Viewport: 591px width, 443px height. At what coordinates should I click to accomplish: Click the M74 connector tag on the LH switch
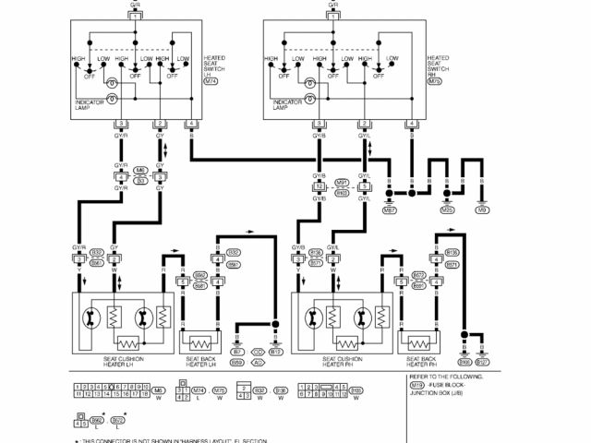click(x=211, y=81)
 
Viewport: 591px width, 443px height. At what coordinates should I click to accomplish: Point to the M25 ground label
click(x=447, y=210)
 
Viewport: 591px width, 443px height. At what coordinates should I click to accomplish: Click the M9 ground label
click(x=482, y=210)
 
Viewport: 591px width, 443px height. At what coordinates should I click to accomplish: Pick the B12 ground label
click(x=276, y=352)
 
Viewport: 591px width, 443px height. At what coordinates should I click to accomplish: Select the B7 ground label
click(x=237, y=352)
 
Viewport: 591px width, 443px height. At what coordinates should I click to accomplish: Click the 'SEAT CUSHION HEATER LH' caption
click(x=122, y=363)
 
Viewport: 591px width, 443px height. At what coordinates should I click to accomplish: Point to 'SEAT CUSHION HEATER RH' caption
click(x=344, y=363)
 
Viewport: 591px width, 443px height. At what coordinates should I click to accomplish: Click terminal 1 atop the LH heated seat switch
click(x=135, y=18)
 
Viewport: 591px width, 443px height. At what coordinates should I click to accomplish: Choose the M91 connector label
click(x=341, y=183)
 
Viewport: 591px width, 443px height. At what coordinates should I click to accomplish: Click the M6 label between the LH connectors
click(x=140, y=171)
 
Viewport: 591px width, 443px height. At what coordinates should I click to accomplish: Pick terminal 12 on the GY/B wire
click(x=320, y=186)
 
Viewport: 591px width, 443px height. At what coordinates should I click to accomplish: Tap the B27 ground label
click(x=481, y=352)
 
